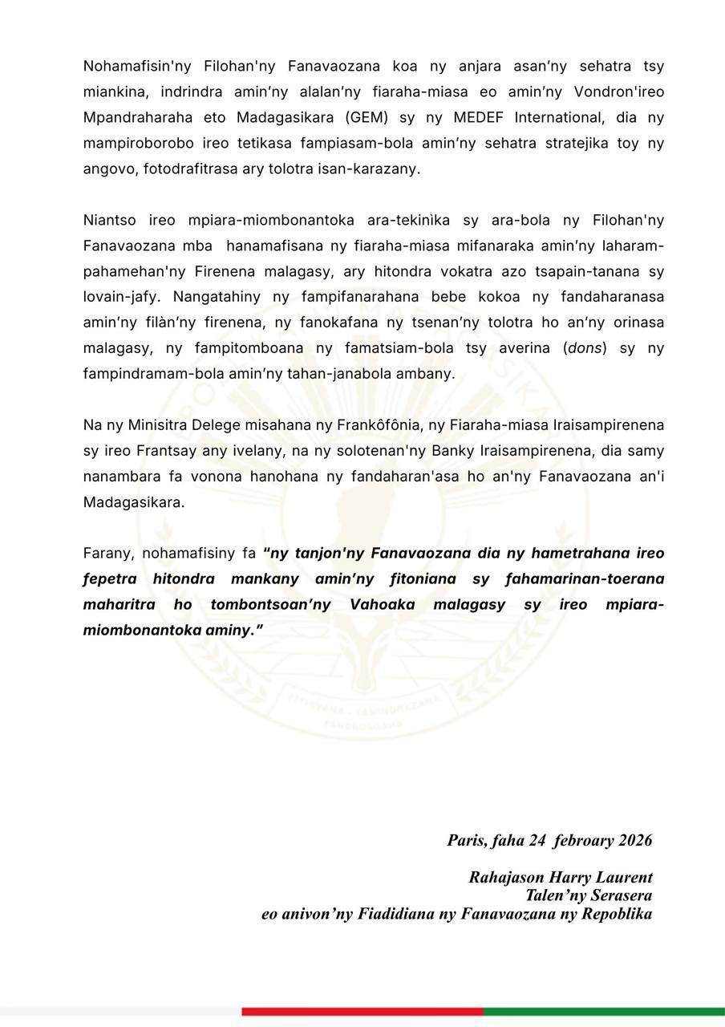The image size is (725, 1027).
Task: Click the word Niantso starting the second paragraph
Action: (x=108, y=220)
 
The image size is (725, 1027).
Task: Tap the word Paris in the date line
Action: (x=465, y=840)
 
